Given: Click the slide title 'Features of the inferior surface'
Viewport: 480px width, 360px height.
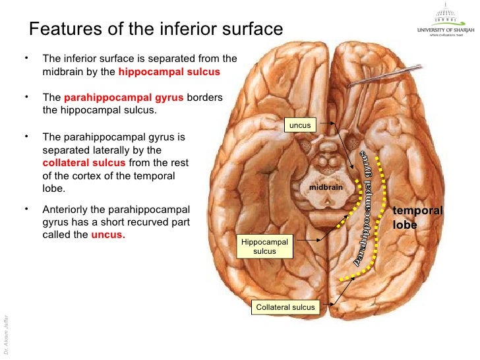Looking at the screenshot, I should tap(156, 29).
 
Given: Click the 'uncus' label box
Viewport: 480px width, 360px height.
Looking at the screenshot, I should tap(300, 125).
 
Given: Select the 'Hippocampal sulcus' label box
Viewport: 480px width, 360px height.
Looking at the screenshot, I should tap(264, 246).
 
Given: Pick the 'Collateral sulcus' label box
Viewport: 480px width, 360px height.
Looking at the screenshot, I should tap(285, 307).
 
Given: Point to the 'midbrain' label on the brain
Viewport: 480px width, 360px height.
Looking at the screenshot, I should tap(326, 187).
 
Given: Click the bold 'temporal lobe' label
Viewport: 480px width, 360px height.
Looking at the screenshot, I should tap(417, 217).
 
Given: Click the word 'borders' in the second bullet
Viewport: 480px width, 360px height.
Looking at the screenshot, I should tap(205, 98).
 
